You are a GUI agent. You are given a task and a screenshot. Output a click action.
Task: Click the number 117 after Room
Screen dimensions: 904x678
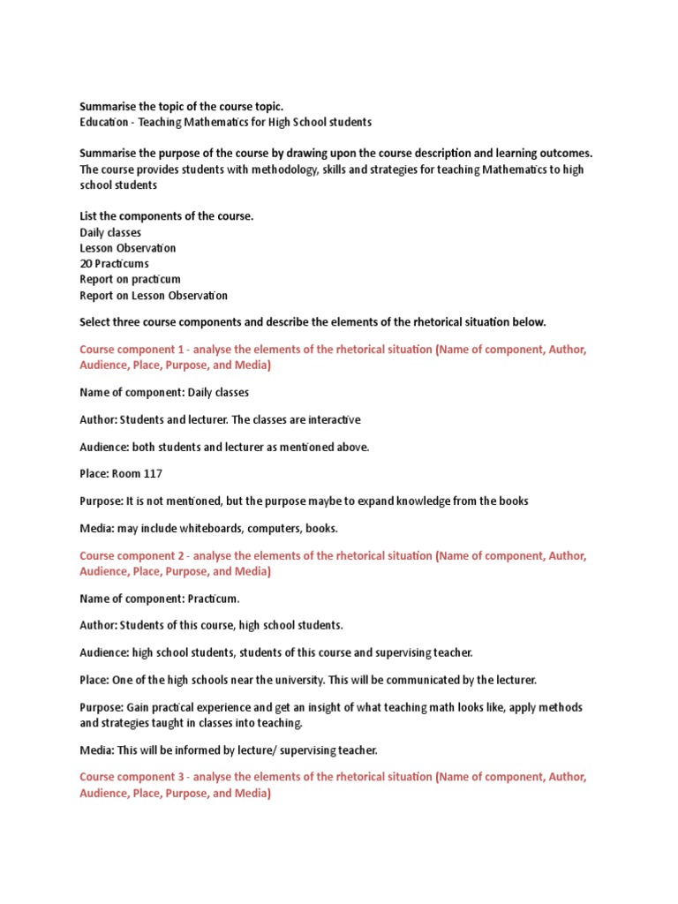pos(151,474)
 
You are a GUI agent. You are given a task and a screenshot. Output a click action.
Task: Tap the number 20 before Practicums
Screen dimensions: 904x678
pos(87,263)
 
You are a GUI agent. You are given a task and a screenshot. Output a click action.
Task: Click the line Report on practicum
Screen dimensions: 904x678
pos(130,279)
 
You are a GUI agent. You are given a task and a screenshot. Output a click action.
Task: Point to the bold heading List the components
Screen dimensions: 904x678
pos(166,216)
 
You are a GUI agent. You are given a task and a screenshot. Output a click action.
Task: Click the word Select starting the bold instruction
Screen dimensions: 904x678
pos(96,321)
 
